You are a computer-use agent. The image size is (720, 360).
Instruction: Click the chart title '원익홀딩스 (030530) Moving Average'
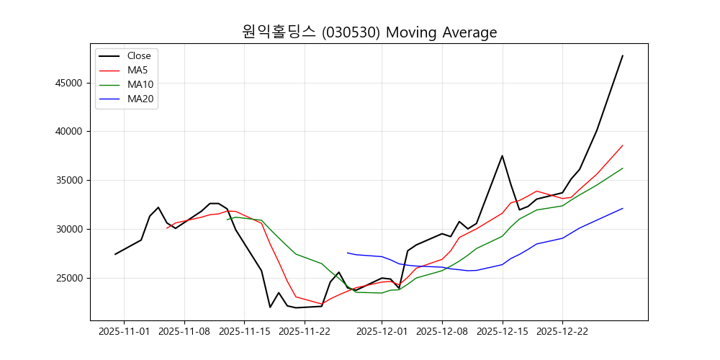pyautogui.click(x=369, y=32)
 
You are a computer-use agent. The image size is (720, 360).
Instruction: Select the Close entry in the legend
pyautogui.click(x=139, y=55)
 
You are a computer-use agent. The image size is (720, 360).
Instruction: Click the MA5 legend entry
pyautogui.click(x=138, y=70)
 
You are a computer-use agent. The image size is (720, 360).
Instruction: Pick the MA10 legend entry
pyautogui.click(x=140, y=84)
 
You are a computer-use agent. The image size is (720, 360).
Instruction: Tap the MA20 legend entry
pyautogui.click(x=140, y=99)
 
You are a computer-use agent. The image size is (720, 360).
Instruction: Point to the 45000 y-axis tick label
pyautogui.click(x=69, y=83)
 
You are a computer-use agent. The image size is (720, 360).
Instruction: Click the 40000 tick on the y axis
pyautogui.click(x=69, y=132)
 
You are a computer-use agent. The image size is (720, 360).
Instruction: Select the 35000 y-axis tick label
pyautogui.click(x=69, y=181)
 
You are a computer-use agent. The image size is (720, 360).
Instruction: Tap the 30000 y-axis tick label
pyautogui.click(x=69, y=229)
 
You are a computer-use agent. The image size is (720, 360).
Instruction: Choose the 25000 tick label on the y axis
pyautogui.click(x=69, y=278)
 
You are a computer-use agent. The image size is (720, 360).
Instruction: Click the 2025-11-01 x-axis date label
pyautogui.click(x=124, y=332)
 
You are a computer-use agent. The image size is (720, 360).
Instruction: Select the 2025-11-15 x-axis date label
pyautogui.click(x=244, y=332)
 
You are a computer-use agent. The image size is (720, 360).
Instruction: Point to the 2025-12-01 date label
pyautogui.click(x=382, y=332)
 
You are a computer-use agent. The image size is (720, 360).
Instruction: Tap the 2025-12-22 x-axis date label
pyautogui.click(x=562, y=332)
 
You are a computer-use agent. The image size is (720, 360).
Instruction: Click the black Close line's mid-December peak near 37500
pyautogui.click(x=502, y=156)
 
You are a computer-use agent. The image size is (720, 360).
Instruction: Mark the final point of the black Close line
pyautogui.click(x=623, y=55)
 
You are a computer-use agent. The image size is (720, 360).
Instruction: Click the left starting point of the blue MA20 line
pyautogui.click(x=348, y=253)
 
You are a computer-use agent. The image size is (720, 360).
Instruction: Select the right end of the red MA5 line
pyautogui.click(x=623, y=145)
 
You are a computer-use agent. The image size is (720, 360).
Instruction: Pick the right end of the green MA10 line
pyautogui.click(x=623, y=168)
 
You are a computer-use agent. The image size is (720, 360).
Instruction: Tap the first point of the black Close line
pyautogui.click(x=115, y=254)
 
